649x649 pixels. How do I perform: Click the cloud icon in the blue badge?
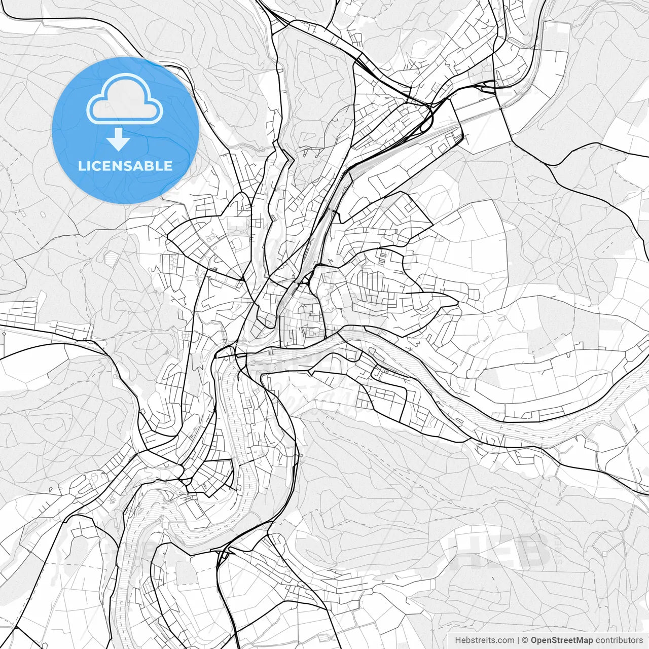(x=125, y=99)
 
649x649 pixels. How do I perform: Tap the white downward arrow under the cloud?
(x=118, y=140)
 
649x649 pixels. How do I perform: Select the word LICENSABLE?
(x=125, y=166)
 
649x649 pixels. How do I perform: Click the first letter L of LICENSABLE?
(x=81, y=166)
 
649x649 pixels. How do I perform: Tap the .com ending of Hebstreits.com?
(x=505, y=640)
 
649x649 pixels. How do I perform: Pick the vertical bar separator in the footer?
(x=518, y=640)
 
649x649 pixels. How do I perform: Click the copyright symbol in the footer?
(x=525, y=640)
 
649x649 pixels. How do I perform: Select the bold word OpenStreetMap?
(x=561, y=640)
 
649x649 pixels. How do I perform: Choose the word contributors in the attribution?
(x=619, y=640)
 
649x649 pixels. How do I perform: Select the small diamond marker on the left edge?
(x=4, y=335)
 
